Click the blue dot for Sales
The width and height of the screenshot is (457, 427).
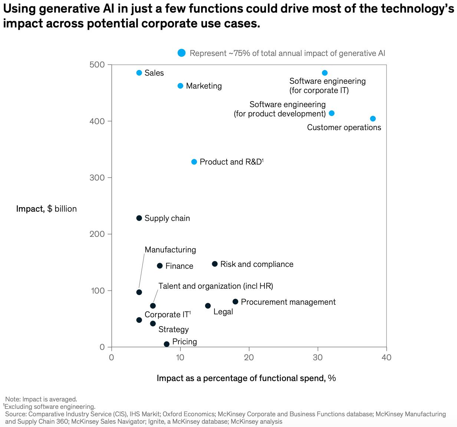(139, 73)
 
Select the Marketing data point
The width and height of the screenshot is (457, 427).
(180, 86)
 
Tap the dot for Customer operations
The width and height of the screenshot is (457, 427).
(373, 119)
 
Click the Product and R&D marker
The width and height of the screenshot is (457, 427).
(194, 162)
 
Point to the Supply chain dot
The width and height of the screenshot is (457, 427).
(139, 218)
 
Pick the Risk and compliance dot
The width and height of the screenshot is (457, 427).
(214, 264)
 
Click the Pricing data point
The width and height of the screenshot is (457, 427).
(167, 344)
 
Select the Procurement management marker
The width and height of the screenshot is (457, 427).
(235, 302)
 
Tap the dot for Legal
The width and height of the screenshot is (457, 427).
(208, 306)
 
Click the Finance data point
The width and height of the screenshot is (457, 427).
(160, 266)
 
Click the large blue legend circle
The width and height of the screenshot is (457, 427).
(181, 53)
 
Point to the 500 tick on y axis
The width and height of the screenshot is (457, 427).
(97, 65)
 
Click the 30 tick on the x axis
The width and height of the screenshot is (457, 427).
(318, 357)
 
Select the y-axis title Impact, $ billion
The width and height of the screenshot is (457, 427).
(46, 209)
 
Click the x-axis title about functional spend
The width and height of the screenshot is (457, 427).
(246, 378)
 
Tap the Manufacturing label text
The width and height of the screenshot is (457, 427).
(170, 250)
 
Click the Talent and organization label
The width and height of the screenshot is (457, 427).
(216, 286)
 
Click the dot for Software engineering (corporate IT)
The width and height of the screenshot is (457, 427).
(325, 73)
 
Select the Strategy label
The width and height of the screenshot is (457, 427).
(173, 330)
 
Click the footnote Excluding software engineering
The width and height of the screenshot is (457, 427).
(50, 407)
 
